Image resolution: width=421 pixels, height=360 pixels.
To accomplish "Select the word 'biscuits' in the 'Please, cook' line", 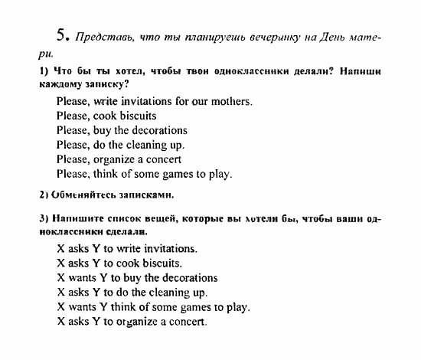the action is (136, 116).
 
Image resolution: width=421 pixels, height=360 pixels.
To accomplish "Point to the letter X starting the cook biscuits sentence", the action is (60, 263).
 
